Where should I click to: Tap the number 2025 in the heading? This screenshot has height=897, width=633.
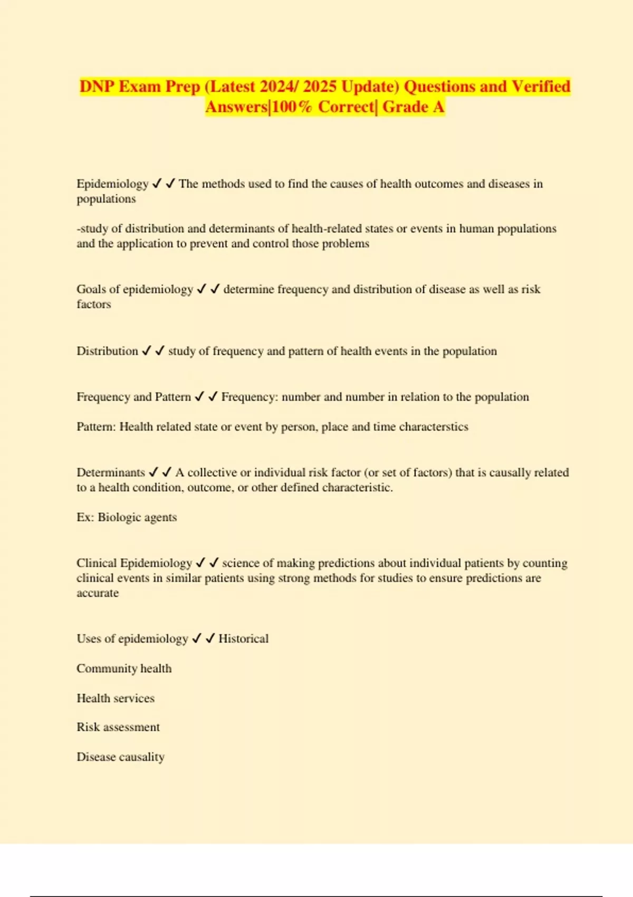(x=319, y=87)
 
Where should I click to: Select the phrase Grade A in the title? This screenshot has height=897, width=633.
(x=413, y=107)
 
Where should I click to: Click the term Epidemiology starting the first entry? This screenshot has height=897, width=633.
(x=112, y=184)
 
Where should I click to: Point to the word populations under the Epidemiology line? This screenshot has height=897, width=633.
(x=106, y=199)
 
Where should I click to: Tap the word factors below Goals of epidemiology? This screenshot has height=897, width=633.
(x=94, y=304)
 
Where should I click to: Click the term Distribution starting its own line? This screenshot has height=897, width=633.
(x=107, y=351)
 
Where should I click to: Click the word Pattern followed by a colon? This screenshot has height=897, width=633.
(x=96, y=426)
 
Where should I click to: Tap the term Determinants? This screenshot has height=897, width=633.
(x=110, y=472)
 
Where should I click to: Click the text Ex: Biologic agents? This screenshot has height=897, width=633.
(x=127, y=517)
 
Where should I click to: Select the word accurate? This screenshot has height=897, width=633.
(x=98, y=593)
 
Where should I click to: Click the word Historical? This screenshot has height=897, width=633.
(x=243, y=638)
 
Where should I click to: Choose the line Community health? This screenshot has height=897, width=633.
(x=124, y=669)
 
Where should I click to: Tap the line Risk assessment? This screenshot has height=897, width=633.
(x=118, y=727)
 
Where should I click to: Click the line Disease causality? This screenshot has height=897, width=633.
(x=120, y=757)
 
